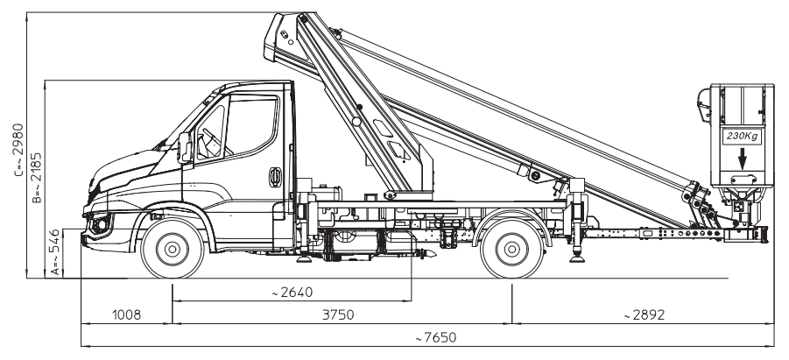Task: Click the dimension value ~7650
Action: [x=436, y=337]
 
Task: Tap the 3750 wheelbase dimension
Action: [x=338, y=314]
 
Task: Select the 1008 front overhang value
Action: [x=126, y=314]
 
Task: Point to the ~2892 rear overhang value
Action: [x=645, y=315]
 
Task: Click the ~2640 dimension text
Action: [x=292, y=292]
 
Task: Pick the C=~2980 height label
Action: [x=18, y=150]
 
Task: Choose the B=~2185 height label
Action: [x=37, y=177]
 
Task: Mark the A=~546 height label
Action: [x=55, y=252]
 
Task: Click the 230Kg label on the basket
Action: [x=743, y=137]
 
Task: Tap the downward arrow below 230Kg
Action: [x=743, y=160]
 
